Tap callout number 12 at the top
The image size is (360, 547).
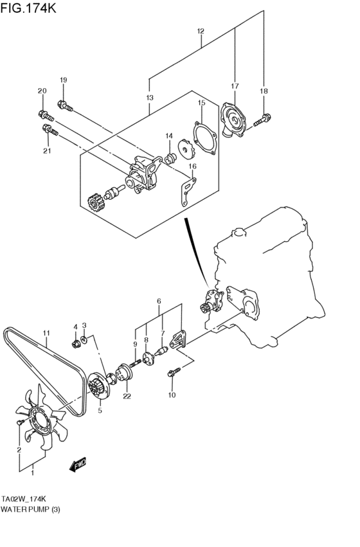(x=201, y=31)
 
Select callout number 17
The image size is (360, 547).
(x=235, y=85)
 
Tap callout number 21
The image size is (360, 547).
(x=46, y=151)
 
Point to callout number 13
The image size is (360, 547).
(x=149, y=98)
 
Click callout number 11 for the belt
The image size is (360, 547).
(x=46, y=333)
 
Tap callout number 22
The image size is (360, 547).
(x=127, y=397)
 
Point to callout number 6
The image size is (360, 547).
(x=158, y=300)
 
